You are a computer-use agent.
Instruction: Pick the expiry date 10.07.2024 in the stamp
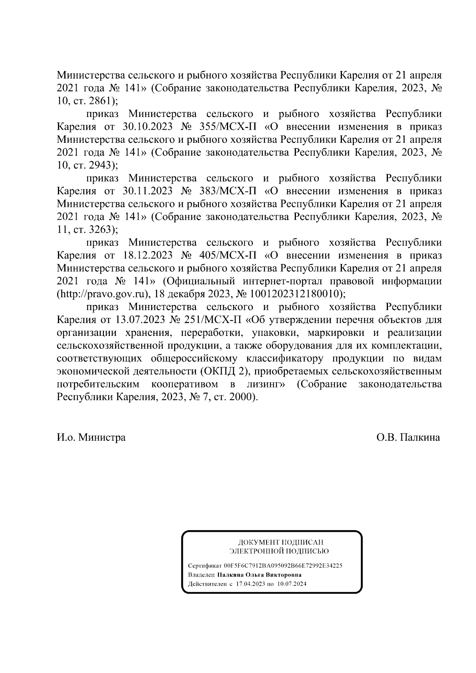point(292,584)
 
